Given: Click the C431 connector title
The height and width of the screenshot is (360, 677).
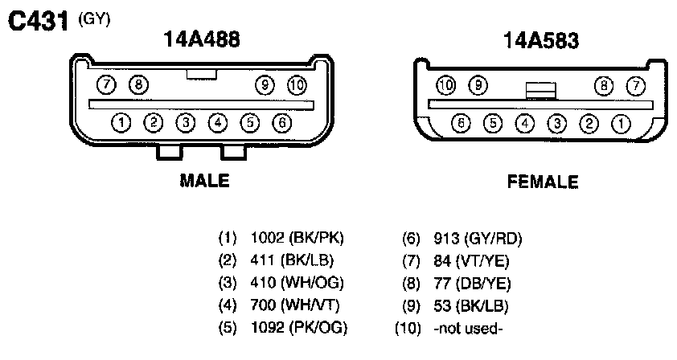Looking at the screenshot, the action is coord(38,21).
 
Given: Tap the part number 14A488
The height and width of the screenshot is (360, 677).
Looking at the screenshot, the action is coord(202,39).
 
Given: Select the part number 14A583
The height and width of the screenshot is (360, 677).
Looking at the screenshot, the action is coord(541,40).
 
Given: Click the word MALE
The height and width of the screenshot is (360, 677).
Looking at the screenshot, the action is coord(204,181).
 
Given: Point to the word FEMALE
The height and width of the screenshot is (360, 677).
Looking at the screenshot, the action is coord(543,182).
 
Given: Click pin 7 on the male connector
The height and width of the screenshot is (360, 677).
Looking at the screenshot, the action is coord(106,84).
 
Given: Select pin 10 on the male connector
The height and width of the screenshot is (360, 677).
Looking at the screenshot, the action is coord(297,85).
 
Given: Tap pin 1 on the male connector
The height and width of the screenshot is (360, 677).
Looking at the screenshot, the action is coord(121,123).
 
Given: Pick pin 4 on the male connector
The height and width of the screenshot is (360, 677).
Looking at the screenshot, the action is coord(218,123).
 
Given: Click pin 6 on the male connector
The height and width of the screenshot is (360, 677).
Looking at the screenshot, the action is coord(282,123).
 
